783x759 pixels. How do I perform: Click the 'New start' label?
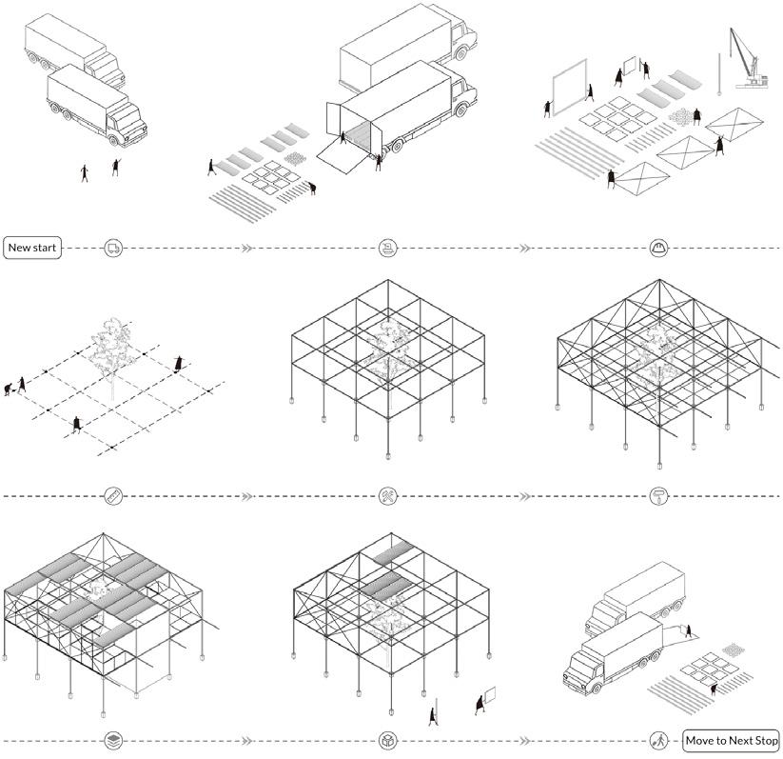[x=32, y=248]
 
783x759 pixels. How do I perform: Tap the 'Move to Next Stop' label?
[x=731, y=740]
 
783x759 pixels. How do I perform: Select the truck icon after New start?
[x=113, y=248]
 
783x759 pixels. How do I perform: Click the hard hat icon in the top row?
[x=656, y=248]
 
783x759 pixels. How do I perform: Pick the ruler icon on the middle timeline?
[x=113, y=495]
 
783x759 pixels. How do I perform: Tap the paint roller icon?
[x=656, y=495]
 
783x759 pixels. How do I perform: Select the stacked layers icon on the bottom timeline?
[x=113, y=740]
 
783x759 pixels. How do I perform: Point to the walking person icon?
[x=656, y=740]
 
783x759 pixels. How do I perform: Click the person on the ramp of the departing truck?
[x=687, y=629]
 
